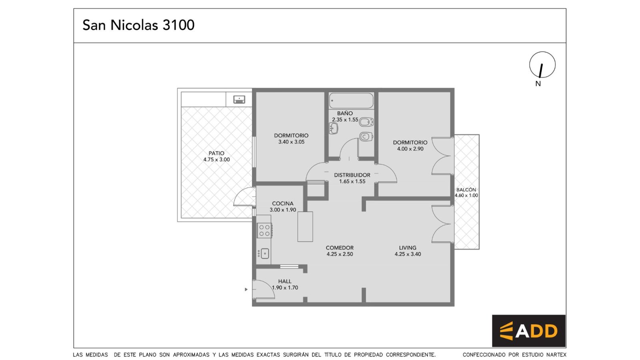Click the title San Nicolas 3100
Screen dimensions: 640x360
(138, 25)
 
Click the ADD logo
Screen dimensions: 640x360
(528, 331)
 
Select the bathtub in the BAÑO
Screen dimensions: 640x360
(351, 100)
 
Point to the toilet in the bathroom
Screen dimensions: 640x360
(366, 122)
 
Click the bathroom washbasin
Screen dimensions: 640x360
(334, 128)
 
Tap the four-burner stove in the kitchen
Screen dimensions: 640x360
(264, 230)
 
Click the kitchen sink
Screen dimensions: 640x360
(263, 254)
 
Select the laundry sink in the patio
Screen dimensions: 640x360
(239, 100)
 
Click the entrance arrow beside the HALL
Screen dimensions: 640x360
(246, 290)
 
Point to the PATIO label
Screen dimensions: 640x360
(216, 154)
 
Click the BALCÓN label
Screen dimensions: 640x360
(466, 190)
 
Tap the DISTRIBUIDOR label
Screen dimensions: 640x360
(352, 175)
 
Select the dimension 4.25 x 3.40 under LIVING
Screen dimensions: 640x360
(408, 254)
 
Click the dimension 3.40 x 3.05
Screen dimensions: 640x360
(292, 142)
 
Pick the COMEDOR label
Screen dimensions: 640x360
(340, 248)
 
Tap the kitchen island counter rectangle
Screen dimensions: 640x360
(305, 226)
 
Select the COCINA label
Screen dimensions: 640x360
(282, 204)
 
